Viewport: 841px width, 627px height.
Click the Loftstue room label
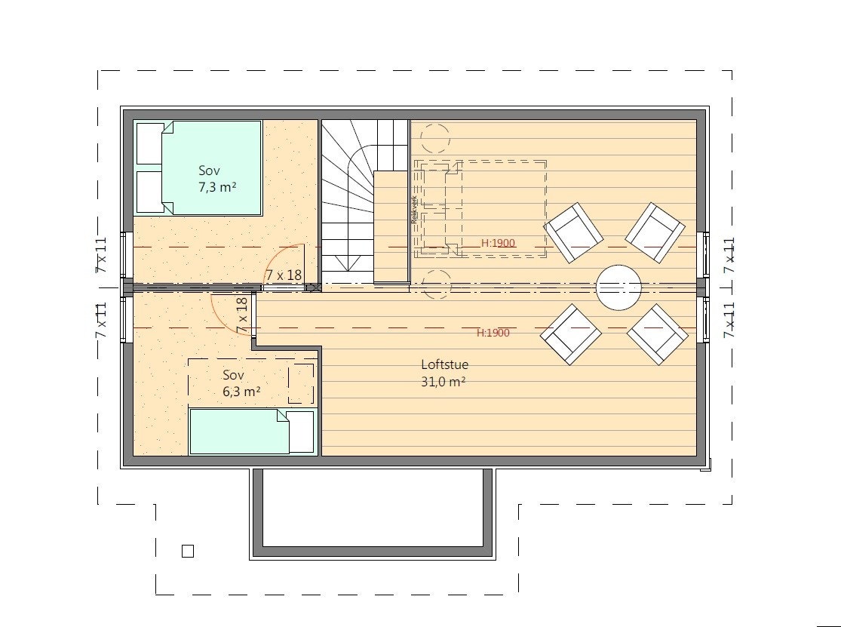point(444,364)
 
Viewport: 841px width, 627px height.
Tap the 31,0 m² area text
point(443,383)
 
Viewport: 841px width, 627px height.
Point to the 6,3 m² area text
point(241,392)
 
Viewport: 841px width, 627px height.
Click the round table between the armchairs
point(618,286)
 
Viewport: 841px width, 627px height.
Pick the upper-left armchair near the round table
point(573,232)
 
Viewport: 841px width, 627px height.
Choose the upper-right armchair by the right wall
point(655,232)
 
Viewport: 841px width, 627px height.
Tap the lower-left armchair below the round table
point(571,333)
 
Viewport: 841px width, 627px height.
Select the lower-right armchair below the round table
point(657,333)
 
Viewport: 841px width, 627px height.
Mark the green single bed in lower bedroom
point(239,432)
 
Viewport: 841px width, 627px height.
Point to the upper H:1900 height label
point(498,243)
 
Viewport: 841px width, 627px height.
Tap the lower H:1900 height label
point(493,333)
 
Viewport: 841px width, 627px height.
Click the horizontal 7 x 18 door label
point(283,275)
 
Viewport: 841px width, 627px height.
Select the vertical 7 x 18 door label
point(242,315)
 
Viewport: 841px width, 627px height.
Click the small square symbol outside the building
point(188,551)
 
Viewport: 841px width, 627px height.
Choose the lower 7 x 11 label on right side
point(729,319)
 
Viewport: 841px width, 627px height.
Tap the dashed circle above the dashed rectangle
point(435,139)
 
